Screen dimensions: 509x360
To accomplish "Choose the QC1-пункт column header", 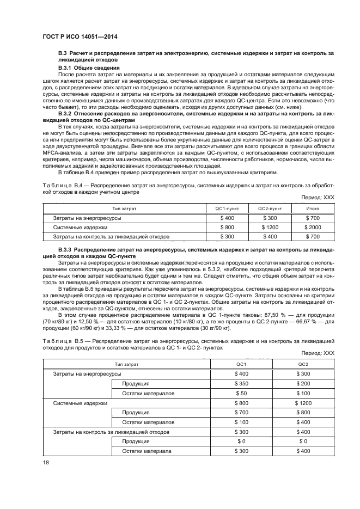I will (235, 208).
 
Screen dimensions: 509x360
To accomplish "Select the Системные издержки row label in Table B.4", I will (72, 227).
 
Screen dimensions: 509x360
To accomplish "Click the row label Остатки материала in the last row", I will (147, 451).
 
